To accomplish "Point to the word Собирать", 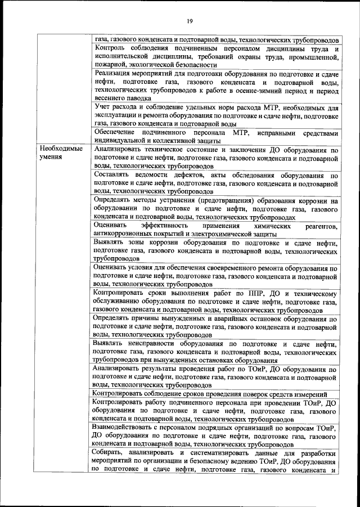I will click(x=110, y=454).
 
